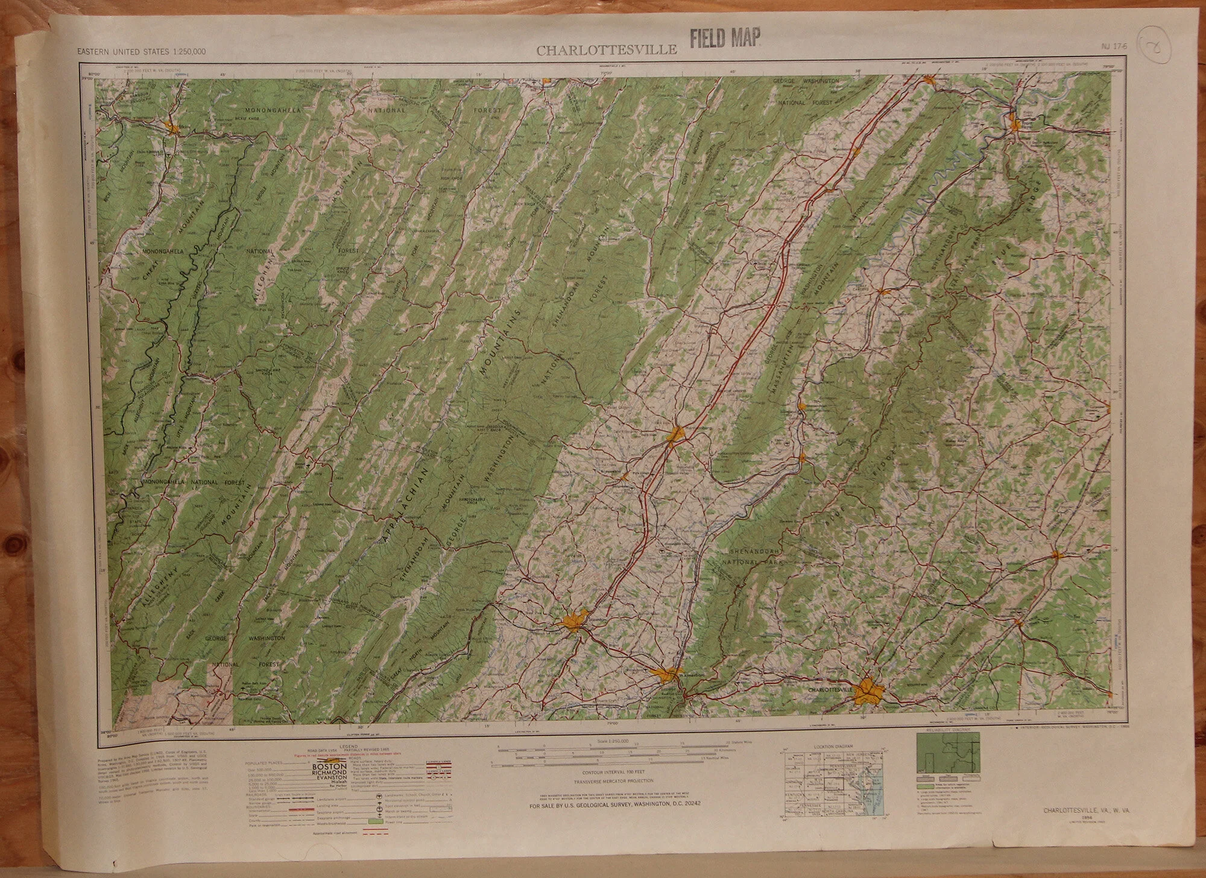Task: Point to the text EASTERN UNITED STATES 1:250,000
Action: pos(141,51)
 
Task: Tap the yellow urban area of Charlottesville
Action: pos(868,690)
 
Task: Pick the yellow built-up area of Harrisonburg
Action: pos(677,433)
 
